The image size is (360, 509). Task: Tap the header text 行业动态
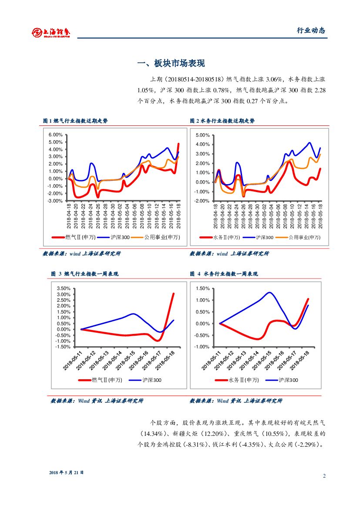click(311, 30)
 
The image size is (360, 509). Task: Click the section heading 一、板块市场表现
click(171, 64)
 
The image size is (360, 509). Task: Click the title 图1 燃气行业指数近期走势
click(75, 121)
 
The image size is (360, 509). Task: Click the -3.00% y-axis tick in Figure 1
click(56, 201)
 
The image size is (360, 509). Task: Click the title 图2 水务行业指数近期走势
click(222, 121)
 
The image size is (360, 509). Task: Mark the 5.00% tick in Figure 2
click(204, 135)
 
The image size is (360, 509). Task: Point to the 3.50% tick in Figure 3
click(64, 288)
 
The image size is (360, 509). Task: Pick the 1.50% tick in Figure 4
click(203, 288)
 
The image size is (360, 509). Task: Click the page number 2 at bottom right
click(324, 475)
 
